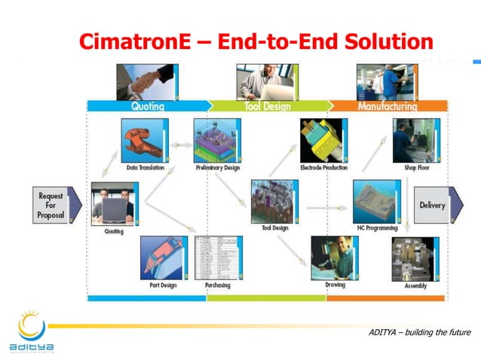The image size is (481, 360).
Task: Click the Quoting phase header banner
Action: [x=148, y=106]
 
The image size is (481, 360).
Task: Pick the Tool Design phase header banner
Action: [x=267, y=106]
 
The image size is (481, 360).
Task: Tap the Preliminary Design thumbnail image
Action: [x=217, y=140]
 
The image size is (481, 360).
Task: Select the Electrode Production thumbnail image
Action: [x=323, y=140]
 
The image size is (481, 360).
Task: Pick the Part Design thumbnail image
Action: [x=164, y=258]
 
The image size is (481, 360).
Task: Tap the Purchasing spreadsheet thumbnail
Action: [x=218, y=258]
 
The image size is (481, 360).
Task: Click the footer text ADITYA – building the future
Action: [x=419, y=333]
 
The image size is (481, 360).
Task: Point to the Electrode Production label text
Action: [x=323, y=167]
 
